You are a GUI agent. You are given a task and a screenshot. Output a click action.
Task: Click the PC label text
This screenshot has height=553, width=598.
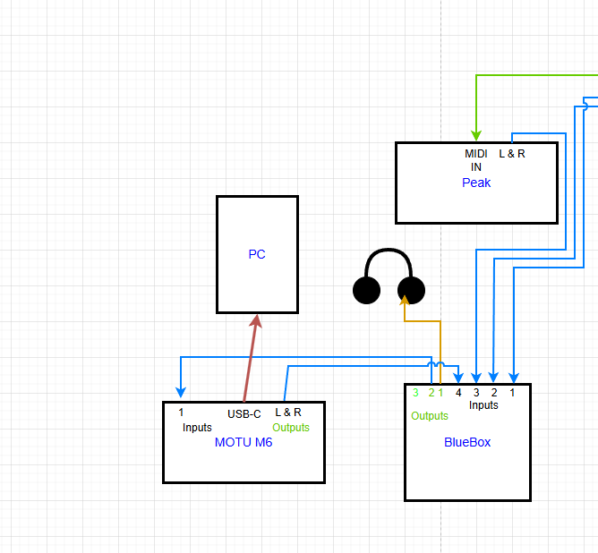pos(257,254)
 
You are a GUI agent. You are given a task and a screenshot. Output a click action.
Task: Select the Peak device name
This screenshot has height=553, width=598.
pos(476,183)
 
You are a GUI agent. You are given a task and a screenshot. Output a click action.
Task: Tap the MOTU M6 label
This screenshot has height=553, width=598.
pos(243,442)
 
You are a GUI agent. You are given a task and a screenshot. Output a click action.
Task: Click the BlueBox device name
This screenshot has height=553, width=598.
pos(467,442)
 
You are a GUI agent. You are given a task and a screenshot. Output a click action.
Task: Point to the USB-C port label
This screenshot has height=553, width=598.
pos(244,414)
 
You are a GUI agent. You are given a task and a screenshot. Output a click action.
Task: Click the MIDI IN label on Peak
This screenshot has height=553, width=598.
pos(476,160)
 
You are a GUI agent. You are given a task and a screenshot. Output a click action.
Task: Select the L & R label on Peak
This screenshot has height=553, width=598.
pos(512,154)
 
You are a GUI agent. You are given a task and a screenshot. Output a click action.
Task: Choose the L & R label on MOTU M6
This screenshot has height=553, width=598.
pos(288,412)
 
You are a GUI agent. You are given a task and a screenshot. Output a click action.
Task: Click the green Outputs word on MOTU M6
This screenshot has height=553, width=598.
pos(291,428)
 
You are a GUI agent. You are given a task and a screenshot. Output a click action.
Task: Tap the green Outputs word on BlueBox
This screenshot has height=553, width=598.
pos(430,416)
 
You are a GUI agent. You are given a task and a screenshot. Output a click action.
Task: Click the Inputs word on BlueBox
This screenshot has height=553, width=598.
pos(483,405)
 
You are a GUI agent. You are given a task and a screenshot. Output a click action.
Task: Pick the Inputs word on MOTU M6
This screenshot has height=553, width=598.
pos(197,428)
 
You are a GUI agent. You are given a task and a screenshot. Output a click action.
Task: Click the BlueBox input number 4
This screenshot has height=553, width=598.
pos(458,393)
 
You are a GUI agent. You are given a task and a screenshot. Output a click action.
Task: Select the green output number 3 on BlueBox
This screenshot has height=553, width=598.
pos(415,393)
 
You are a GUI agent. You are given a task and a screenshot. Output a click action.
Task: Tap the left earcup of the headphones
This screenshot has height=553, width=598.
pos(366,291)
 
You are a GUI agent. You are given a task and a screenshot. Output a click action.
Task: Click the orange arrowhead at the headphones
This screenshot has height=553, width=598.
pos(405,300)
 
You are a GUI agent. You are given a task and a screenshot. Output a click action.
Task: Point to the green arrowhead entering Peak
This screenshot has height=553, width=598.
pos(476,135)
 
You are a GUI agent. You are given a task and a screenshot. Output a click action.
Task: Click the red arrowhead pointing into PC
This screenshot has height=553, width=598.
pos(256,321)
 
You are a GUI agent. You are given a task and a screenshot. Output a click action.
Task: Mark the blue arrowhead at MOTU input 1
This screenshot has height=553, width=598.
pos(181,392)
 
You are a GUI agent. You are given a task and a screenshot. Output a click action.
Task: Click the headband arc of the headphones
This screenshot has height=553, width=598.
pos(389,251)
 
